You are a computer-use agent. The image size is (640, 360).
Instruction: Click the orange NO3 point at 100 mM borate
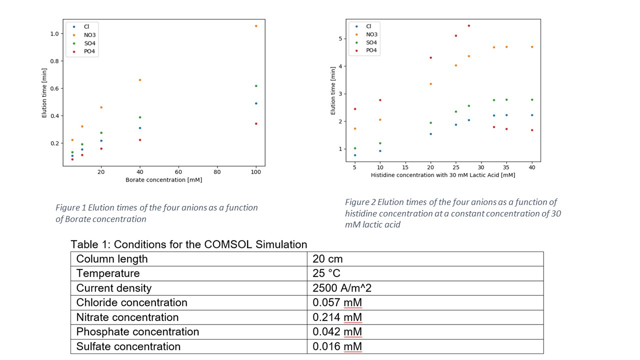click(256, 26)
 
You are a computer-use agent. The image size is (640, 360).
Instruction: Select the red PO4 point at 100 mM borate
click(256, 123)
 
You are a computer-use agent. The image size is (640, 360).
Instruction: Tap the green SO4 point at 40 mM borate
click(140, 117)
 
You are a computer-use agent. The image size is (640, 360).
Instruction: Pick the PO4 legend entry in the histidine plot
click(371, 50)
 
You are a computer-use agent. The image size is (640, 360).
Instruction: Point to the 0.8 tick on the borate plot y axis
click(56, 61)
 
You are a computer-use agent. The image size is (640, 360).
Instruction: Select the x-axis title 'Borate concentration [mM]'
click(164, 180)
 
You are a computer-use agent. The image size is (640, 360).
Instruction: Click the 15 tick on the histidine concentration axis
click(405, 167)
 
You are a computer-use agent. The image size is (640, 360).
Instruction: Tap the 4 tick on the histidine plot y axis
click(341, 66)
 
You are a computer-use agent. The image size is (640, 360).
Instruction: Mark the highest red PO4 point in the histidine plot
click(468, 25)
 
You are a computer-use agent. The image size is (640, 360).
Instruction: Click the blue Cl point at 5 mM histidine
click(355, 155)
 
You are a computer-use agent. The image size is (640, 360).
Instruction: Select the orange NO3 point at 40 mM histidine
click(532, 47)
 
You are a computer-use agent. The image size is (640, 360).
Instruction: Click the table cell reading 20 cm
click(327, 259)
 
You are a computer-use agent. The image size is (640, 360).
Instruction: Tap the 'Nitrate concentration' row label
click(127, 317)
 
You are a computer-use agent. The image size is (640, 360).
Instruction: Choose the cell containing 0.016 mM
click(337, 346)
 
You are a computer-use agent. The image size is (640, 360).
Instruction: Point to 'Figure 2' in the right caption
click(360, 202)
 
